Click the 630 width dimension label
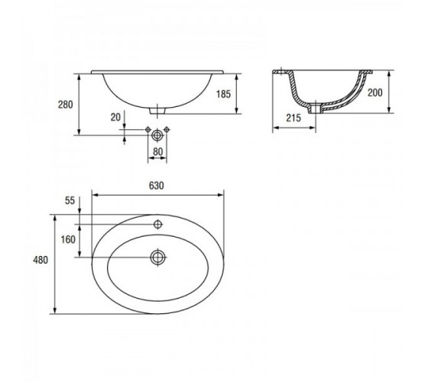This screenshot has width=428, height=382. pos(157,186)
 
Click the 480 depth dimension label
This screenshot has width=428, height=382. pos(41,260)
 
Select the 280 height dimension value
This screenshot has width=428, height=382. pos(65,105)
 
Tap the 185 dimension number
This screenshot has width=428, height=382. pos(223,94)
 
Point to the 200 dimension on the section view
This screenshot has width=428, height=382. pos(375,92)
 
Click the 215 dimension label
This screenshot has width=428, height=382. pos(293,118)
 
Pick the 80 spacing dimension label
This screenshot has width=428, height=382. pos(157,151)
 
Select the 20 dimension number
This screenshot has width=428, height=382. pos(115,117)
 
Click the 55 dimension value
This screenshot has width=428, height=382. pos(70,200)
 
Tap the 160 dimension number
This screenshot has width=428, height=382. pos(68,239)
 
